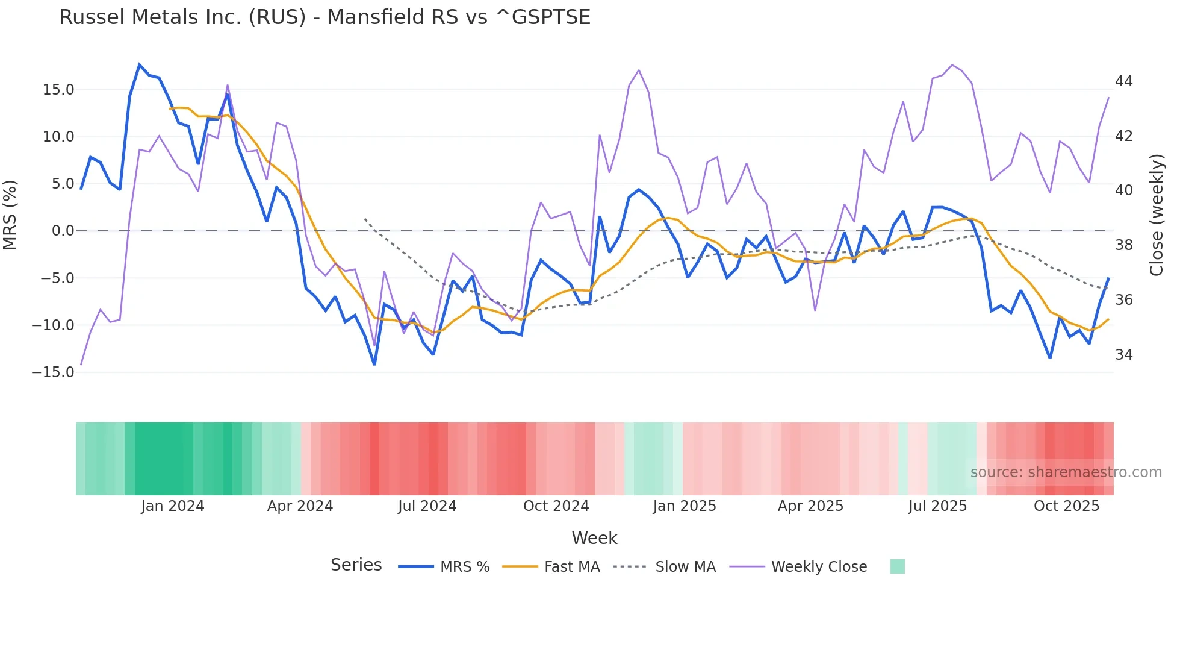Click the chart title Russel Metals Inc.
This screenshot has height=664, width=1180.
[x=324, y=17]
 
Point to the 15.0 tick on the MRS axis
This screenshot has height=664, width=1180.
[x=58, y=90]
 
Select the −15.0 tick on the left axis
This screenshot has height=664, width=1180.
[x=53, y=372]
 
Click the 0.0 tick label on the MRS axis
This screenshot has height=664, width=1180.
[x=63, y=231]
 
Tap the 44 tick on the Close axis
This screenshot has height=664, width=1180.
[x=1123, y=81]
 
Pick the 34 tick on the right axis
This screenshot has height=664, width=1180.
[x=1123, y=355]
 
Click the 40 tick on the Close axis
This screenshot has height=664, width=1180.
[x=1123, y=190]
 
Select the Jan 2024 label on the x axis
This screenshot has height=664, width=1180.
[x=173, y=506]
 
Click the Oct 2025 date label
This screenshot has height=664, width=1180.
[x=1066, y=506]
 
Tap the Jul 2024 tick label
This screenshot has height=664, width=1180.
[x=427, y=506]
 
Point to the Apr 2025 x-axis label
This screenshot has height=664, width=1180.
[x=810, y=506]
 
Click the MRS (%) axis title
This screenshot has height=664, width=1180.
[x=10, y=215]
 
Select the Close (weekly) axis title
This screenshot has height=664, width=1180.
[x=1157, y=215]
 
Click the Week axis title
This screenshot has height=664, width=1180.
[x=594, y=538]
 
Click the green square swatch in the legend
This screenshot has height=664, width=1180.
[x=897, y=566]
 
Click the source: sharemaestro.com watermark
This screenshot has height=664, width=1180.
[x=1066, y=472]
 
